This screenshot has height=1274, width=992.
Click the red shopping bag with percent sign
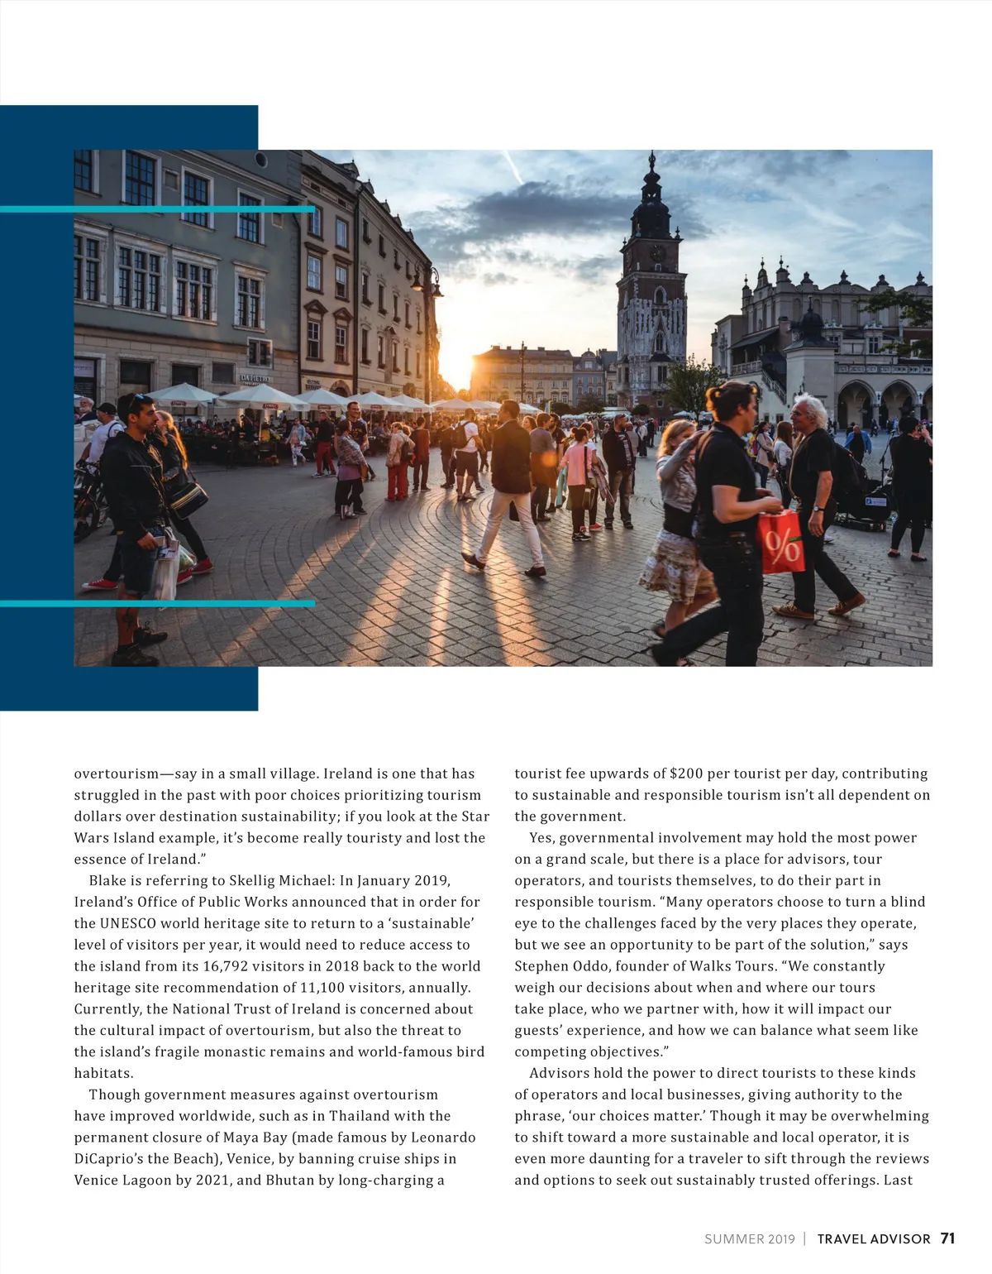pyautogui.click(x=781, y=543)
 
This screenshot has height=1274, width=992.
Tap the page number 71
pyautogui.click(x=947, y=1238)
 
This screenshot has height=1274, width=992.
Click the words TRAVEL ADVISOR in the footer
pyautogui.click(x=874, y=1239)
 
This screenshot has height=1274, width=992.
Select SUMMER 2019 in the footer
pyautogui.click(x=749, y=1239)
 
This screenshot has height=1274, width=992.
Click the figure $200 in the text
pyautogui.click(x=686, y=773)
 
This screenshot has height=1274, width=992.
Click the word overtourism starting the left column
pyautogui.click(x=116, y=773)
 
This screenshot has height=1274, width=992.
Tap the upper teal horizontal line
pyautogui.click(x=157, y=209)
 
